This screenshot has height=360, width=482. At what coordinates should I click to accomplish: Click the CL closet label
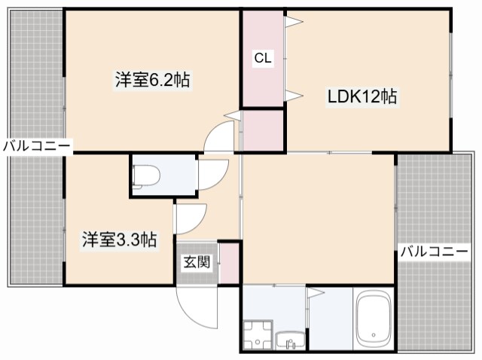[262, 58]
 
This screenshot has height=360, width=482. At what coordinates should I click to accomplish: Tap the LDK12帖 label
[361, 96]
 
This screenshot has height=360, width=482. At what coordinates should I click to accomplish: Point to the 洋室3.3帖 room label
[120, 240]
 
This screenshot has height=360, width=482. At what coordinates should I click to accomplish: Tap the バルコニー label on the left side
[35, 145]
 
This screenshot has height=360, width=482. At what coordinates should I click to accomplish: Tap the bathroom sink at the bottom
[288, 340]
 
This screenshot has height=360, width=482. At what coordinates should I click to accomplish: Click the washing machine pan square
[257, 334]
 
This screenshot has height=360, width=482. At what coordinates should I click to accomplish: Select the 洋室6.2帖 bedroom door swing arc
[221, 136]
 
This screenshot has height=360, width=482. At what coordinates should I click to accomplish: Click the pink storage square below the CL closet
[262, 129]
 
